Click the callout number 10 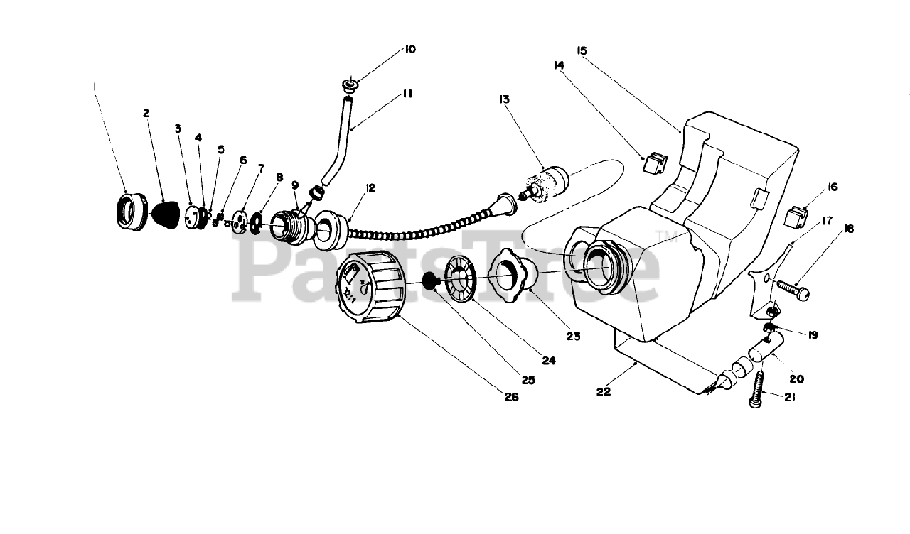[410, 49]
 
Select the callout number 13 [505, 100]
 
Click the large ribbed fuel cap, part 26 [370, 292]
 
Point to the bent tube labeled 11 [340, 143]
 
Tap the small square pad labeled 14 [653, 164]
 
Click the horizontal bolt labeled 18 [791, 288]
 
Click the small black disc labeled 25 [429, 280]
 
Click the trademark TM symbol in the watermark [662, 237]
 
